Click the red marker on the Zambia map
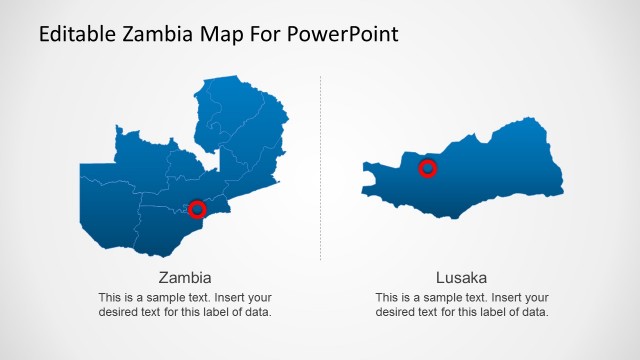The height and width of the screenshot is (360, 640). [x=197, y=209]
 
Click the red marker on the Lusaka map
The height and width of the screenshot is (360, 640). [x=427, y=168]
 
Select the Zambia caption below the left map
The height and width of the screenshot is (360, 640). [x=185, y=277]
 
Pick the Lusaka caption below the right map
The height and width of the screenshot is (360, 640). [x=462, y=277]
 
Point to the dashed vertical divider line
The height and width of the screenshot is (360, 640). [x=320, y=170]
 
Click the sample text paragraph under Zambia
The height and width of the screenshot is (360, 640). [x=185, y=304]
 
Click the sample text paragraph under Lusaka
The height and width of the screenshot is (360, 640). [x=462, y=304]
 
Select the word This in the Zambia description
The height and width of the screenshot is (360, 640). [x=110, y=297]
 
